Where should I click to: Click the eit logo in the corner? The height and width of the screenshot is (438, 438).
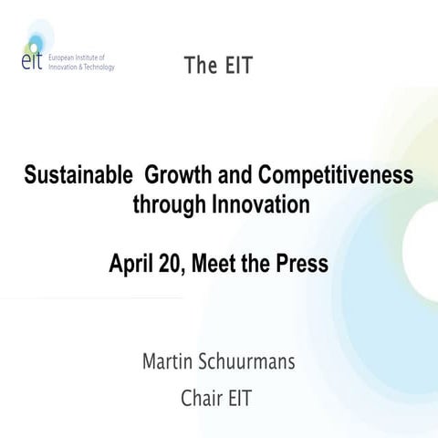tap(32, 56)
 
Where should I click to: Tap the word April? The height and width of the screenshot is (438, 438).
tap(132, 265)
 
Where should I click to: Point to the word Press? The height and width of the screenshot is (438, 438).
tap(301, 265)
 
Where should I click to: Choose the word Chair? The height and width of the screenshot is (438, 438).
tap(203, 399)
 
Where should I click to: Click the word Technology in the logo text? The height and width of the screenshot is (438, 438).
tap(94, 67)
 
